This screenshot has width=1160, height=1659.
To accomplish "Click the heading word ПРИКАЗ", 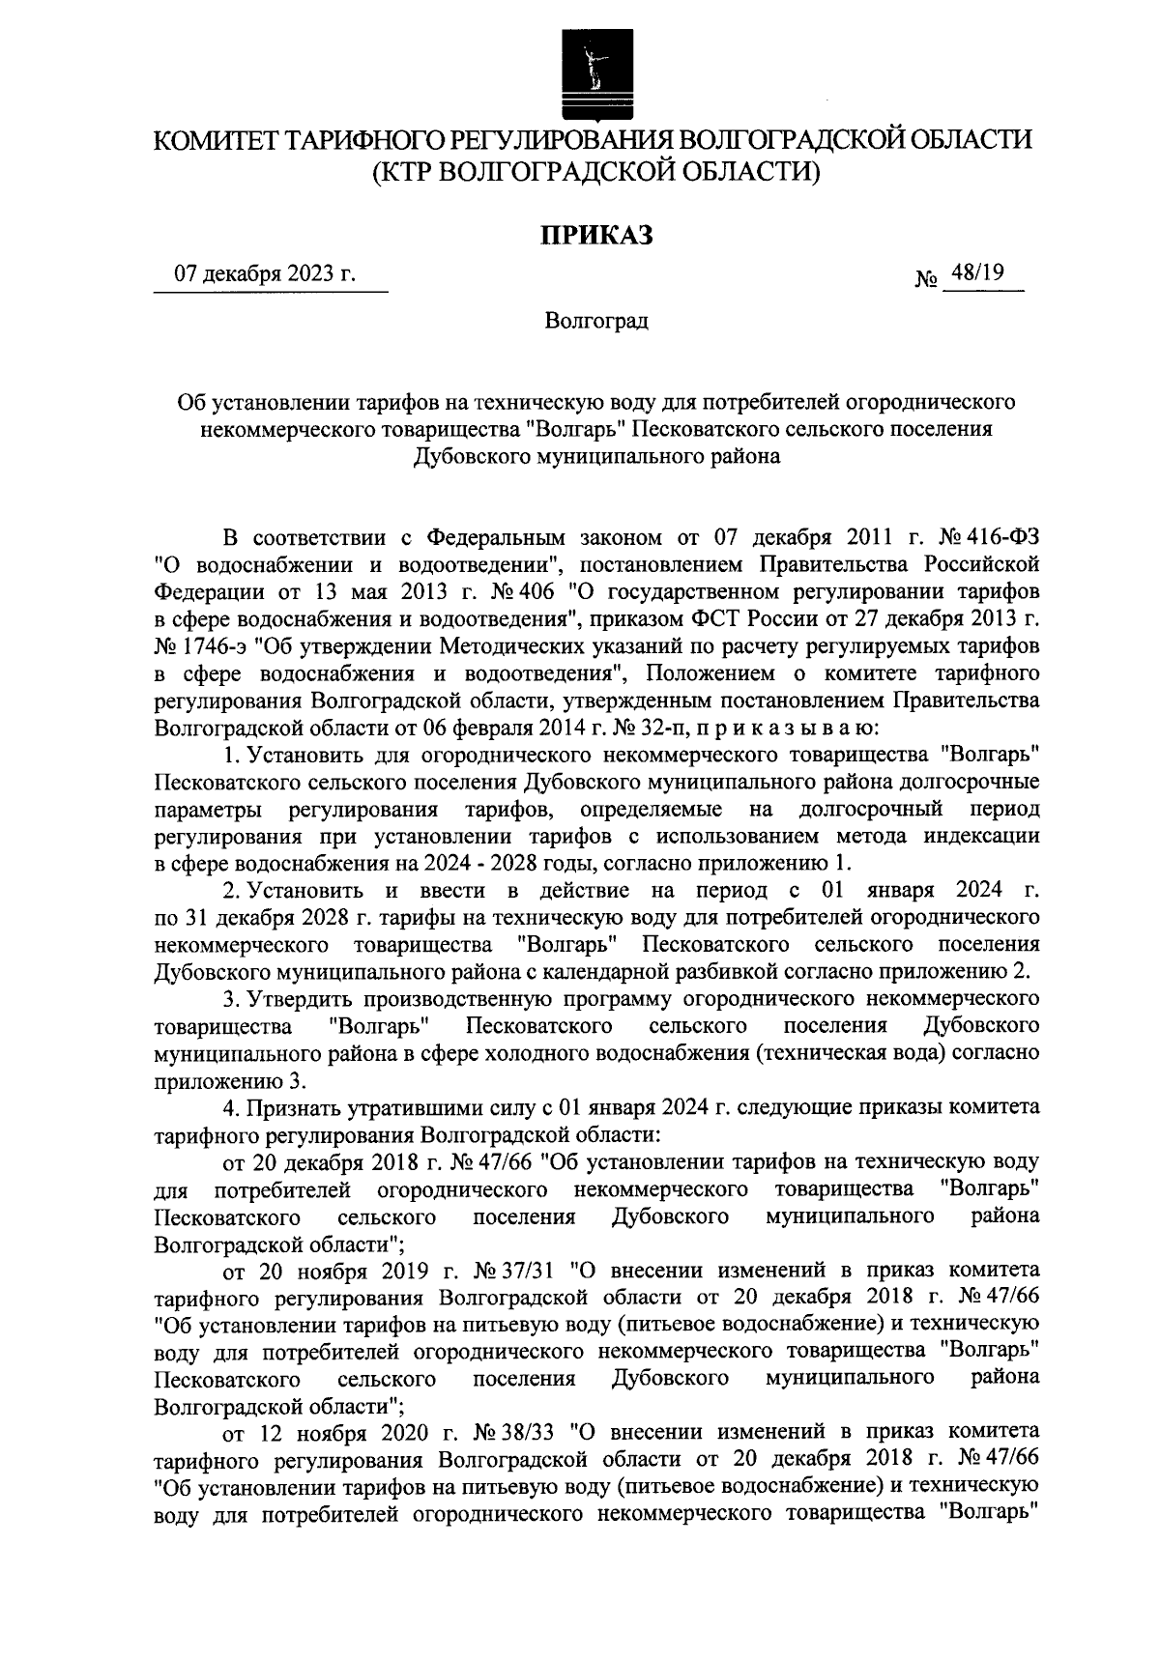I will [596, 234].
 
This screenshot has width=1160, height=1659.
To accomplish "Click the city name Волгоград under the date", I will [595, 320].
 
